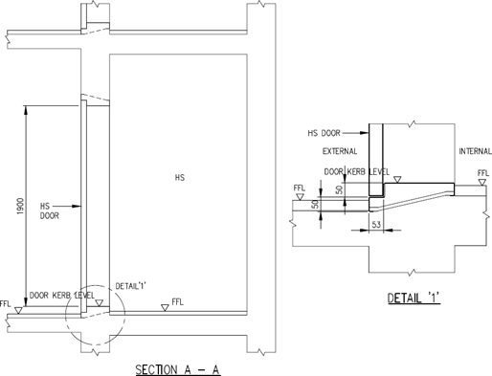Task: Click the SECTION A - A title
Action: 178,369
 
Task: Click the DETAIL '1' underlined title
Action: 414,299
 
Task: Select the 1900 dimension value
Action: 20,206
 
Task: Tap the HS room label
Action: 180,178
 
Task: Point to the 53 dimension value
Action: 376,225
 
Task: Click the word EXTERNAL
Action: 340,151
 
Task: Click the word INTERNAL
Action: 475,151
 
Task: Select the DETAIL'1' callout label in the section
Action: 130,286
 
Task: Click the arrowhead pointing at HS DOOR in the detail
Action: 364,133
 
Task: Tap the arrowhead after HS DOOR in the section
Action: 77,207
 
